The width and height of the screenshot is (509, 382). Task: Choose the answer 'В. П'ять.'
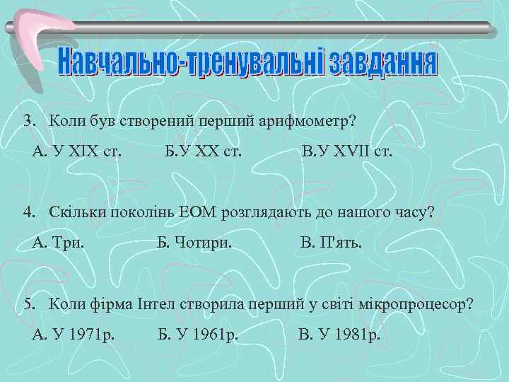(x=331, y=243)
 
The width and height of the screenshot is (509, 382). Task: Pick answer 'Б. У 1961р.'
(x=198, y=334)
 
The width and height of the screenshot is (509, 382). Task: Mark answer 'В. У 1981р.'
(x=340, y=334)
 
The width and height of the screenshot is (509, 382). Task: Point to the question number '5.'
(x=29, y=304)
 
